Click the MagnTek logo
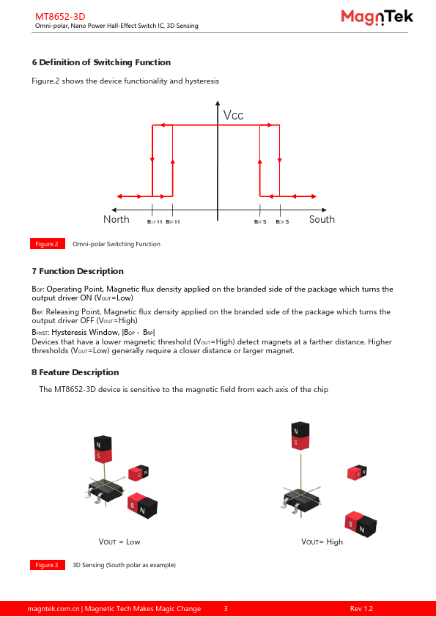[377, 18]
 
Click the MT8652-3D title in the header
[60, 17]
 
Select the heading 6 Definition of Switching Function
[101, 62]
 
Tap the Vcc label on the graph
[233, 115]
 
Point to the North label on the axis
[116, 219]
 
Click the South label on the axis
[322, 219]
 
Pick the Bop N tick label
[155, 222]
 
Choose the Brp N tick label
[173, 222]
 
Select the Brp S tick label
[260, 222]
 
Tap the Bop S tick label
[282, 222]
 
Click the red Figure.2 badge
[48, 244]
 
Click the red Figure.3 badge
[48, 565]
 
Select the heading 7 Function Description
[78, 271]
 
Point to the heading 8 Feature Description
[75, 372]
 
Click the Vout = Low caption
[119, 542]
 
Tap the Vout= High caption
[322, 542]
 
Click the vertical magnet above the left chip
[103, 449]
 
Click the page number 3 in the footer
[226, 609]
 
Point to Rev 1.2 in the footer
[361, 609]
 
